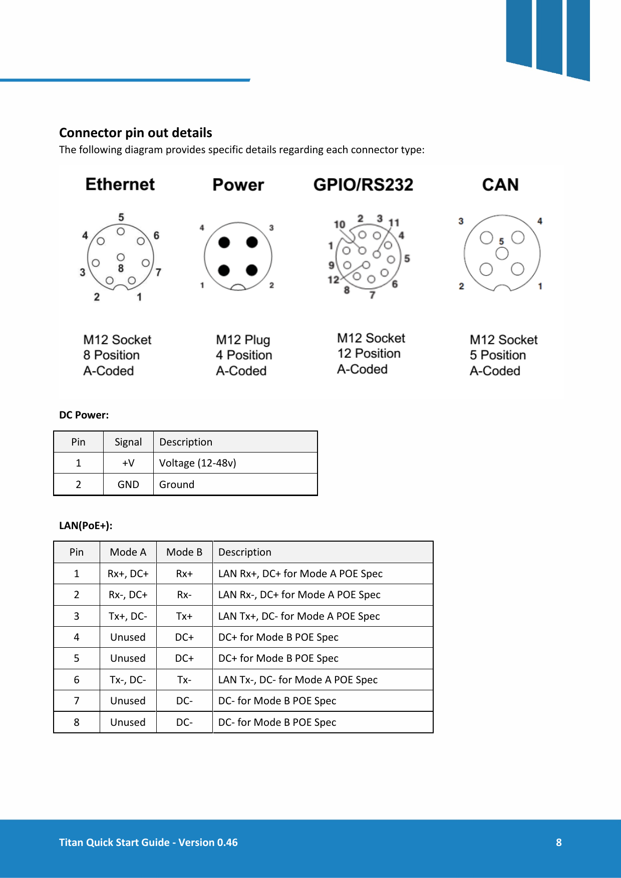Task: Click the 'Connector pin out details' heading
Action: click(x=135, y=133)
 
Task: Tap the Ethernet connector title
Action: click(x=120, y=184)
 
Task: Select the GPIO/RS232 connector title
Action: click(x=363, y=185)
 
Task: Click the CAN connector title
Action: click(x=500, y=185)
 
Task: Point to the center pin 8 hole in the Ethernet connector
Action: click(x=121, y=257)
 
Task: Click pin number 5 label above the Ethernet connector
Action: click(x=121, y=217)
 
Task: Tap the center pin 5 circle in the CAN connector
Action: click(x=502, y=253)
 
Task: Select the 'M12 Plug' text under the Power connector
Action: click(x=243, y=340)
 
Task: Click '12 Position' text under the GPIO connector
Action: click(x=369, y=353)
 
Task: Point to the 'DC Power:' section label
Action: click(x=84, y=415)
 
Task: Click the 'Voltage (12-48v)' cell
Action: click(x=197, y=463)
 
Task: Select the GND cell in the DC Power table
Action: click(x=128, y=485)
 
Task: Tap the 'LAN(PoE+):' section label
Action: click(x=86, y=526)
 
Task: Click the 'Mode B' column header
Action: click(x=184, y=552)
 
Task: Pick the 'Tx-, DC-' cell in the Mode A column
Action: click(x=128, y=680)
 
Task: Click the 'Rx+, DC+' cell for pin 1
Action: click(x=128, y=574)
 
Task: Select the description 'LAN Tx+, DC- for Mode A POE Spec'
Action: click(x=299, y=616)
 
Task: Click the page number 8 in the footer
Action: click(x=558, y=842)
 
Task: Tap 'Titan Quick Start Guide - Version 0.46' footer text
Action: click(x=148, y=842)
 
